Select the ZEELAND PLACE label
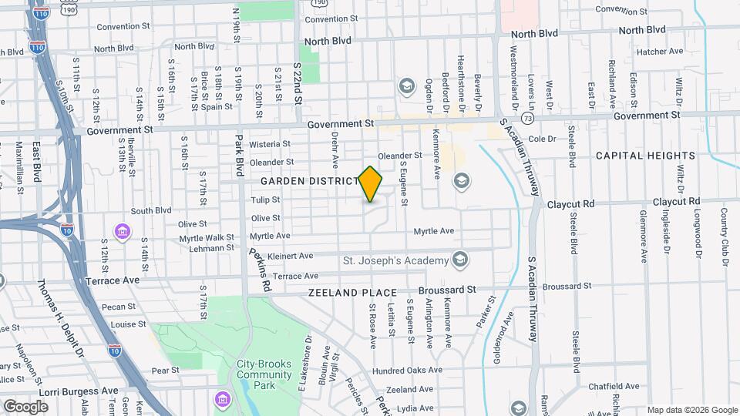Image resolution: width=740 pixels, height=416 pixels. click(x=352, y=293)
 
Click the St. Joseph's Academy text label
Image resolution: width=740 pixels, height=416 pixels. click(x=395, y=260)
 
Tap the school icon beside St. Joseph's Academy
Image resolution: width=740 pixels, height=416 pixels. click(x=461, y=258)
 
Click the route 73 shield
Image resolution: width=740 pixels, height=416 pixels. click(x=527, y=119)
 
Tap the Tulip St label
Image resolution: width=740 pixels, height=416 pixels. click(x=265, y=200)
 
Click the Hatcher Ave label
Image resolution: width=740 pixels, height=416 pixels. click(x=661, y=52)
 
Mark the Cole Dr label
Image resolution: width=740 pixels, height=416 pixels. click(x=541, y=139)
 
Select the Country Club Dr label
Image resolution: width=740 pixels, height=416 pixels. click(x=725, y=236)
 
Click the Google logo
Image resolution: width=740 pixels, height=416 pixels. click(x=26, y=406)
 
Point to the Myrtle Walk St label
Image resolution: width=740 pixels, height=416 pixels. click(x=207, y=238)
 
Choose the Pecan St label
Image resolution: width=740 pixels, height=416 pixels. click(x=119, y=307)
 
